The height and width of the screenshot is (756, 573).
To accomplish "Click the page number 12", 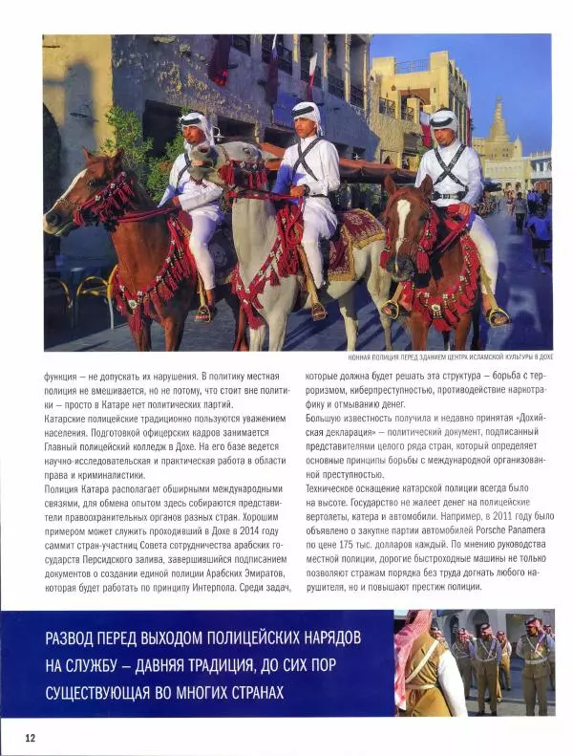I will [x=31, y=737].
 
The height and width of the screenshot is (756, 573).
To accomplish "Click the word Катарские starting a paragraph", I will [x=70, y=419].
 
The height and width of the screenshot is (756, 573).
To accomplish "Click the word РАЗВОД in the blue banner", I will [x=76, y=638].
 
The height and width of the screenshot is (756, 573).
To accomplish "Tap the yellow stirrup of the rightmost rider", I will [x=497, y=316].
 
